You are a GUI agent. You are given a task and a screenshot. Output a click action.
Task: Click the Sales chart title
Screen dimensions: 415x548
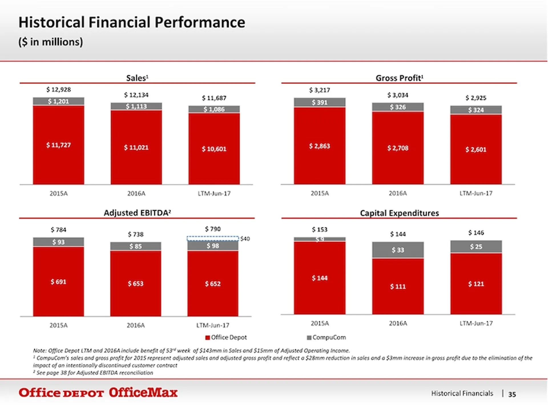click(x=137, y=78)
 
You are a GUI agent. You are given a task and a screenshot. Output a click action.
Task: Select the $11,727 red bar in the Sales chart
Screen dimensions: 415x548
click(x=59, y=145)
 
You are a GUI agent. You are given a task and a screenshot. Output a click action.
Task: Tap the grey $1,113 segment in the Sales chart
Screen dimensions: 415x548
click(x=136, y=106)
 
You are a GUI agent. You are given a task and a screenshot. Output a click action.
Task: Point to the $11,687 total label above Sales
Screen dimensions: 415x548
click(x=214, y=98)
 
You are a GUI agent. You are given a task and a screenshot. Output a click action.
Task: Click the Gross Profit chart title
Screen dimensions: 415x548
click(x=399, y=78)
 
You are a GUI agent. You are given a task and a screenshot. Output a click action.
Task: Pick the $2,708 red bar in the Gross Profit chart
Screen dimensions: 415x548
click(x=398, y=148)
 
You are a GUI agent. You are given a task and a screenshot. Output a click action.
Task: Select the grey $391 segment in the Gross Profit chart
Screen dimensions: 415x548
click(x=319, y=102)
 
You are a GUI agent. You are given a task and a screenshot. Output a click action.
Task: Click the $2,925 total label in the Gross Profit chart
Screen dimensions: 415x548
click(x=476, y=98)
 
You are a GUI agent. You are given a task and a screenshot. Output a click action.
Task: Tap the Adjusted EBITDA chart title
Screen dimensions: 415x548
click(x=137, y=213)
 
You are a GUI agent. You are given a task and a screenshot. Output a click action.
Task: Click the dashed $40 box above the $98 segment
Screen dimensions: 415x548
click(x=213, y=239)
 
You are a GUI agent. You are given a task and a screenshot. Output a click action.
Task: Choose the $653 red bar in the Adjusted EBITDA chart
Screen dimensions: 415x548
click(x=136, y=283)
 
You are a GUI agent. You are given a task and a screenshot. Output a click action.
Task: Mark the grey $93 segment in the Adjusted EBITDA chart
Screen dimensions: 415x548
click(x=59, y=242)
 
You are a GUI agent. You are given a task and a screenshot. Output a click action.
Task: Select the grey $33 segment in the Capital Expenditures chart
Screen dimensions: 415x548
click(x=398, y=250)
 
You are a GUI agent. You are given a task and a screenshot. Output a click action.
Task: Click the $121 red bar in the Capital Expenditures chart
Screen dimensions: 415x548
click(x=476, y=284)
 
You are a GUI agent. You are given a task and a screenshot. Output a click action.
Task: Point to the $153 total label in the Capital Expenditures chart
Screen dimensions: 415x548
click(x=319, y=229)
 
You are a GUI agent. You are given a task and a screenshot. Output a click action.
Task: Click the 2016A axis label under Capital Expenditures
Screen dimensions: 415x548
click(x=398, y=323)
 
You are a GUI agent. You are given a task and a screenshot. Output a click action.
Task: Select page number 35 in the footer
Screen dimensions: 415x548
click(x=512, y=394)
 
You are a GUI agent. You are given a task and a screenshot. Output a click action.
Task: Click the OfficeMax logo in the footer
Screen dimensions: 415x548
click(x=143, y=393)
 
